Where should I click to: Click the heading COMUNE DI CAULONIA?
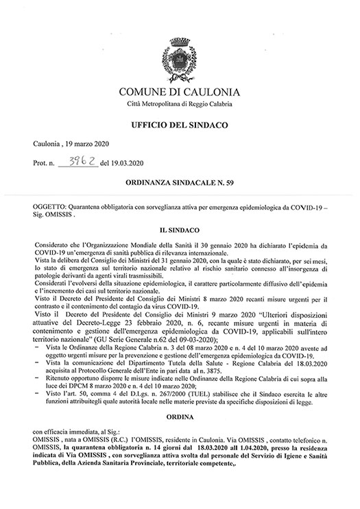pos(180,92)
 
